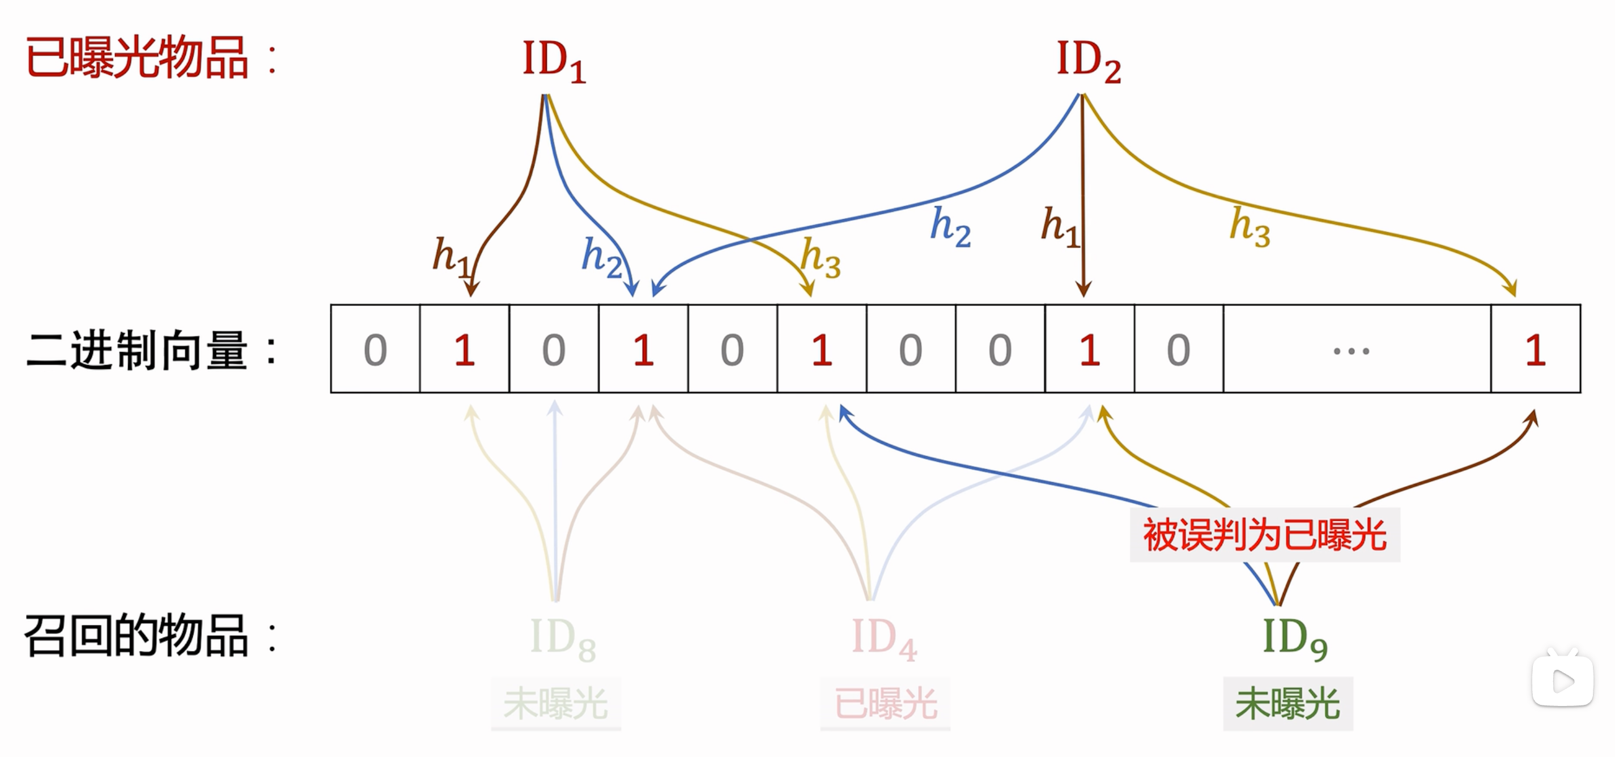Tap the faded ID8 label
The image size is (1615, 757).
(562, 639)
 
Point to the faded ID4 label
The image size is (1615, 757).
(884, 639)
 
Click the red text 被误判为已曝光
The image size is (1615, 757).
(1265, 535)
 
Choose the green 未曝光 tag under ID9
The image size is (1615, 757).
(1287, 703)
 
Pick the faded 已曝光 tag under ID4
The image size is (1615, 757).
(885, 703)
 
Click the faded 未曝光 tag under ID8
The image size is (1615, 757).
(555, 703)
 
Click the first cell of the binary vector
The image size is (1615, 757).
(375, 349)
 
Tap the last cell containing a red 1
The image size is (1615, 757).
(1535, 349)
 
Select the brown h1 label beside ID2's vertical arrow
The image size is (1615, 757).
(1060, 226)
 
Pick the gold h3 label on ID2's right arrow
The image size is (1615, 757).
(1249, 227)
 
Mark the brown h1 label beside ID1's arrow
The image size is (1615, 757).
(450, 256)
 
